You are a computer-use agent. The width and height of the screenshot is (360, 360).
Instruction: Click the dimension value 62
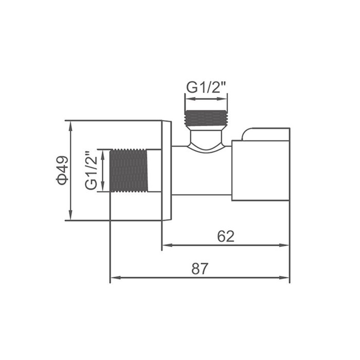coord(226,236)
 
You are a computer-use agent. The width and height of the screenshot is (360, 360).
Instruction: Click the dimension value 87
coord(200,268)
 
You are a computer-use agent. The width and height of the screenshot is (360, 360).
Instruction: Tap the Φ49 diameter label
coord(62,170)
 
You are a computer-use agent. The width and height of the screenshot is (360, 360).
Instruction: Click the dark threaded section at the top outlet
coord(206,119)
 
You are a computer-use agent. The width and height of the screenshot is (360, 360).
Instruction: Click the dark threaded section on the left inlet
coord(129,171)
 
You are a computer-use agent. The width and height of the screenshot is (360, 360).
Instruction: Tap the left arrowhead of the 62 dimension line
coord(166,245)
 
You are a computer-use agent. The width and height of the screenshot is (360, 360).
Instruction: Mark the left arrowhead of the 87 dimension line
coord(114,278)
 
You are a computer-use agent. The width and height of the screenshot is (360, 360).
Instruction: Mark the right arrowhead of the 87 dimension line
coord(286,278)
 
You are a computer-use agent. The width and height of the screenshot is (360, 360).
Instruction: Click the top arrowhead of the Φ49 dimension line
coord(70,124)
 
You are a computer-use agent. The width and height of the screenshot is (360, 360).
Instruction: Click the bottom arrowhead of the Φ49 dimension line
coord(70,217)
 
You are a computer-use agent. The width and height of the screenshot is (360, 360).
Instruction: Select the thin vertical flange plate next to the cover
coord(167,171)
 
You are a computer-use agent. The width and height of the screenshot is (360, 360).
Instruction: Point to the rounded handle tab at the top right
coord(265,134)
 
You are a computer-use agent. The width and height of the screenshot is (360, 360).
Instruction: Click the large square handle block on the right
coord(260,170)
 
